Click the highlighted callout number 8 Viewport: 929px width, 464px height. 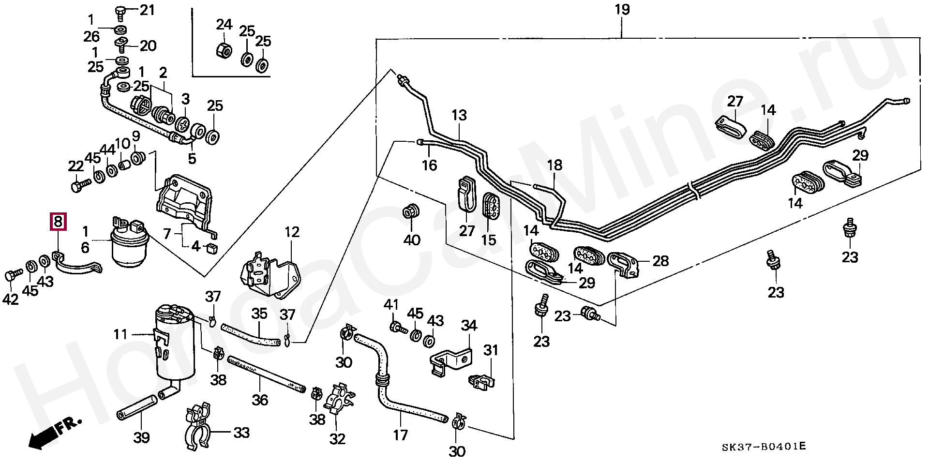58,222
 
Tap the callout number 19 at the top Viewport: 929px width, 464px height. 622,10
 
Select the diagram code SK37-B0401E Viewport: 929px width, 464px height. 764,447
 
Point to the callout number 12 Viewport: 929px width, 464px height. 292,232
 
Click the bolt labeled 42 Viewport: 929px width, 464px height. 13,275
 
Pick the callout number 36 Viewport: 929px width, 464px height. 260,400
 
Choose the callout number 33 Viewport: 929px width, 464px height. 241,432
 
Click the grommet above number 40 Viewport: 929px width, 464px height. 411,212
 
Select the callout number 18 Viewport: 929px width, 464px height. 554,165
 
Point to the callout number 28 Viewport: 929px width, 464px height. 660,261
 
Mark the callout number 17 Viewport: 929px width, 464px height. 400,435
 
